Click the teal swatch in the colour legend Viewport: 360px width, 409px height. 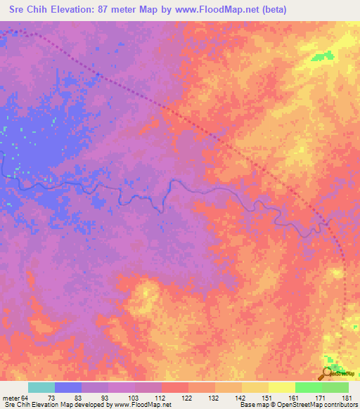click(x=41, y=387)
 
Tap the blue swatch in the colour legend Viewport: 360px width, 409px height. click(x=68, y=387)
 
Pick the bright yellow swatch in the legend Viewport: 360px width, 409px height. click(x=281, y=387)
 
